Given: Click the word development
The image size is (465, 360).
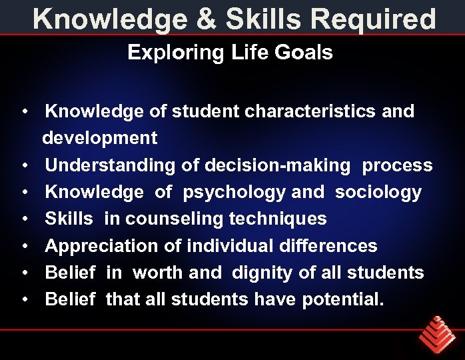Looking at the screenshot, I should click(100, 138).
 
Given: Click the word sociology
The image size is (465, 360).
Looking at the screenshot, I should click(378, 193).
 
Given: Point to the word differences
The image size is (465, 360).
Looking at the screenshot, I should click(328, 246).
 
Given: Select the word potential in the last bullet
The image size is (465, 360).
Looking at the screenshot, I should click(342, 299).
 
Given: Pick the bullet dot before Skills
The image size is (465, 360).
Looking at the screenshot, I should click(23, 219).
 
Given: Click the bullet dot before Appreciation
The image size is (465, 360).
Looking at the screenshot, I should click(23, 246).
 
